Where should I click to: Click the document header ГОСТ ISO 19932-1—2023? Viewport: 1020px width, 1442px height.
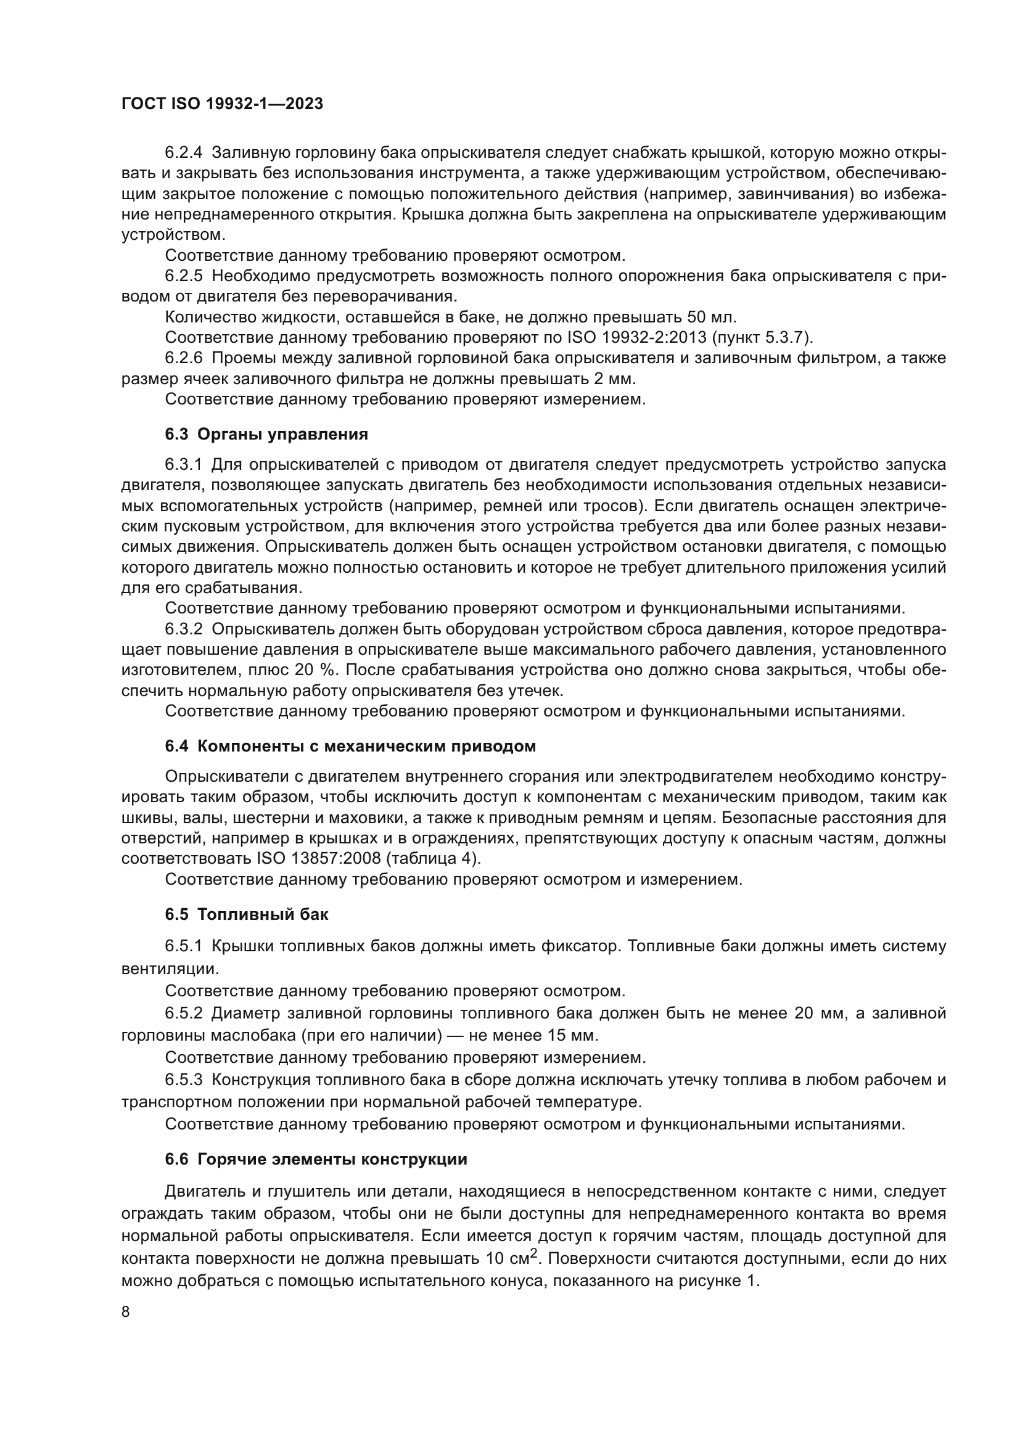(222, 104)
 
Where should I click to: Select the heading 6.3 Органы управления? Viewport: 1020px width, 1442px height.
(266, 435)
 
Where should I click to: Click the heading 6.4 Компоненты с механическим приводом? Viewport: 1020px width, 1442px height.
(350, 747)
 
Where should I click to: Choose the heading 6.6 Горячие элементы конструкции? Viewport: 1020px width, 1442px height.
(316, 1160)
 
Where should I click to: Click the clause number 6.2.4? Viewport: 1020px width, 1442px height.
(184, 153)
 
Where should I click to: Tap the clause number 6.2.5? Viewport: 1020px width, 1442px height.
(184, 276)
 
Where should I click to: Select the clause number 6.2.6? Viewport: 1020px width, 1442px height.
(184, 359)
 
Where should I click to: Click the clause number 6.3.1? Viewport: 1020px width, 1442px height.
(184, 465)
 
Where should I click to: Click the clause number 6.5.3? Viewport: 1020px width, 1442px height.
(184, 1080)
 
